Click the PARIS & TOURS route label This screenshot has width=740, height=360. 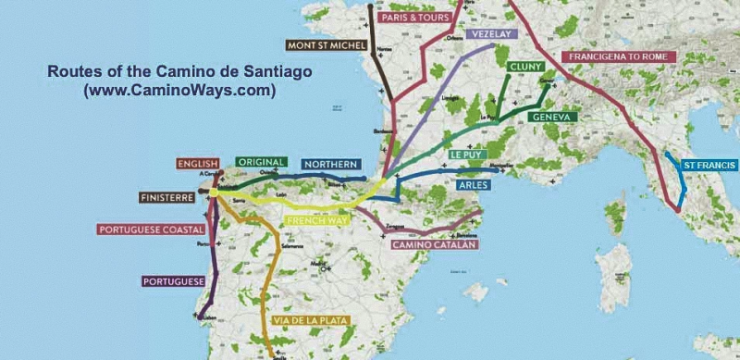pyautogui.click(x=414, y=17)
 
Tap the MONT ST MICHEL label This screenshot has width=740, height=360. pyautogui.click(x=325, y=43)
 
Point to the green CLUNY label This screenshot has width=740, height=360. pyautogui.click(x=524, y=67)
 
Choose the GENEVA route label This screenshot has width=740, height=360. pyautogui.click(x=553, y=118)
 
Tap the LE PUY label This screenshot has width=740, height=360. pyautogui.click(x=468, y=154)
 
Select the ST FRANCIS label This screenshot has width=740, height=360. pyautogui.click(x=709, y=165)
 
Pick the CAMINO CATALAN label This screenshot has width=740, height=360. pyautogui.click(x=434, y=245)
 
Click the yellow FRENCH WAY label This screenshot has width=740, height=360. pyautogui.click(x=317, y=221)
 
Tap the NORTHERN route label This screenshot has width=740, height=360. pyautogui.click(x=330, y=164)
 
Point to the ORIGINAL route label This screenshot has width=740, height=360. pyautogui.click(x=261, y=162)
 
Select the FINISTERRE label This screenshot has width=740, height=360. pyautogui.click(x=167, y=197)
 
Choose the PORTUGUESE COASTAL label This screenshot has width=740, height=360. pyautogui.click(x=151, y=230)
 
